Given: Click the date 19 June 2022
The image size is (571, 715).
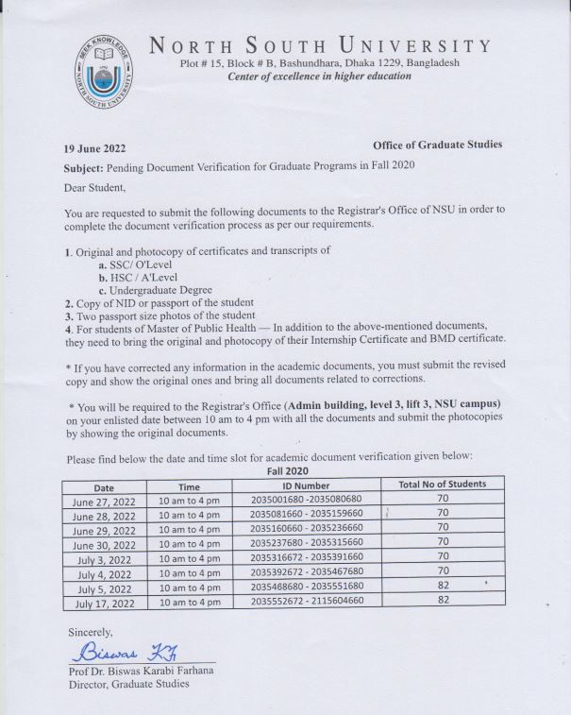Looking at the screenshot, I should tap(94, 148).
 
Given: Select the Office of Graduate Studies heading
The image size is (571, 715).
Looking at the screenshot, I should tap(437, 145).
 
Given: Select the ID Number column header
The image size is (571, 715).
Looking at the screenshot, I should tap(305, 485).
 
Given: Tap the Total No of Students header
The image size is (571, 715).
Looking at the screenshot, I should tap(442, 485).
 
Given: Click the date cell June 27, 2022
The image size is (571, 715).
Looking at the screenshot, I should tap(105, 501).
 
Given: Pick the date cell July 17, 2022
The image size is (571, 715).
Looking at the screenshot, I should tap(105, 602).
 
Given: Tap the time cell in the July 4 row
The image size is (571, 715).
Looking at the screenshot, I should tap(189, 572).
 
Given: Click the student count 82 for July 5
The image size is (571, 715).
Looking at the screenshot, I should tap(442, 587).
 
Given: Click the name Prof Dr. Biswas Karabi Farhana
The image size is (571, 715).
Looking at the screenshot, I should tap(142, 671).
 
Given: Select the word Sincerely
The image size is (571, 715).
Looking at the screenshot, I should tap(90, 631).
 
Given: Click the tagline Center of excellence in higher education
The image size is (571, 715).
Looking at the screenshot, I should tap(320, 77).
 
